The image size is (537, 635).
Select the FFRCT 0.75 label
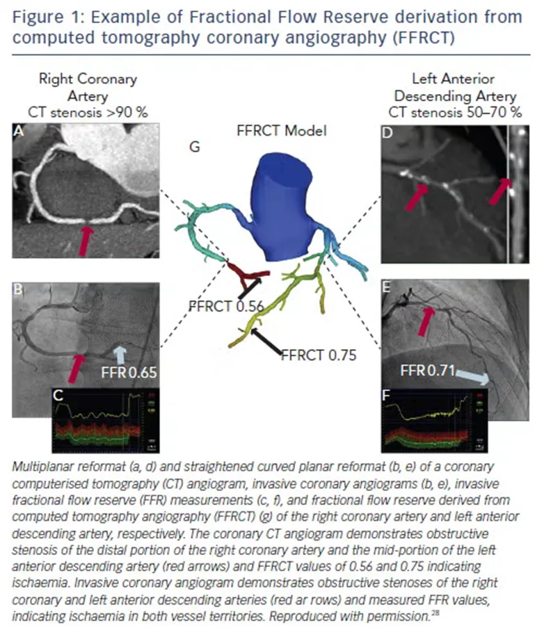pyautogui.click(x=318, y=355)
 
